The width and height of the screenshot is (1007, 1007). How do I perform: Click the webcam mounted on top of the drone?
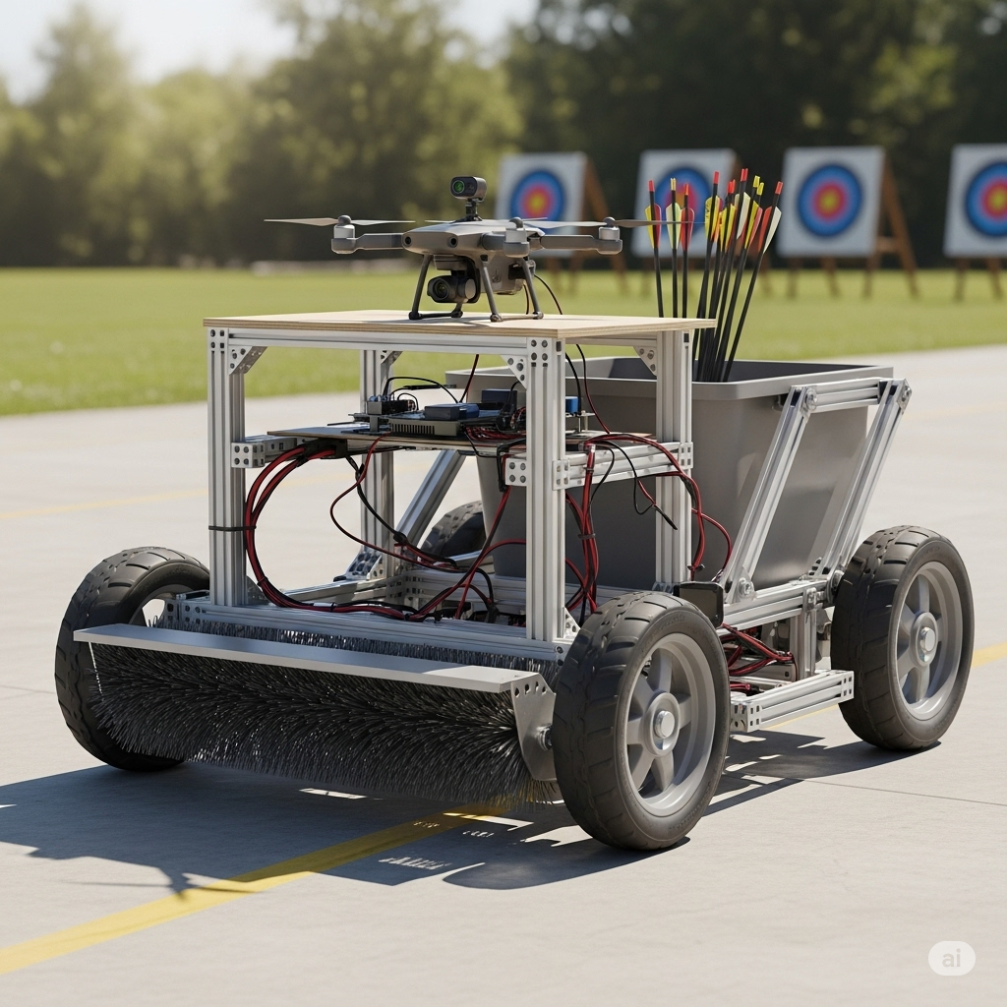click(467, 188)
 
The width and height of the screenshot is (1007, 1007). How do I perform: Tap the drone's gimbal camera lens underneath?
click(440, 290)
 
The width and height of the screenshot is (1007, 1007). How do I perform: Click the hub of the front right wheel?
click(664, 723)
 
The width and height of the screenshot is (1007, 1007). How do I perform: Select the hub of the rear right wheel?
click(925, 639)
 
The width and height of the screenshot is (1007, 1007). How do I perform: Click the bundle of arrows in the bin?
click(713, 269)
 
